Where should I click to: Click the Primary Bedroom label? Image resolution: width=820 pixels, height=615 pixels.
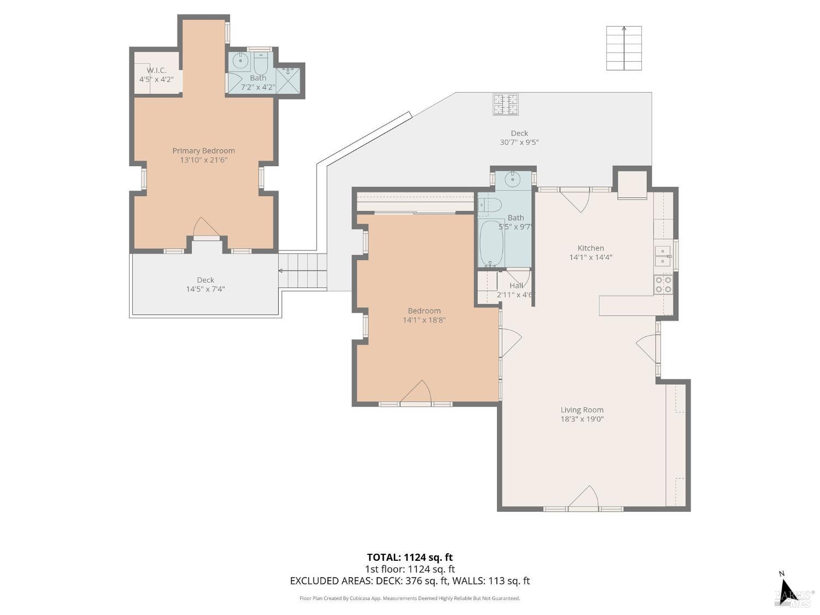coord(203,151)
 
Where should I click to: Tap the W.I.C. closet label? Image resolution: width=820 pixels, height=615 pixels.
coord(156,71)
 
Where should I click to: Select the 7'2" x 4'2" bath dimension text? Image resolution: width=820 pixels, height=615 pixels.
coord(258,87)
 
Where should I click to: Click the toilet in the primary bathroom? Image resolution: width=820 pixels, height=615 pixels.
coord(261,65)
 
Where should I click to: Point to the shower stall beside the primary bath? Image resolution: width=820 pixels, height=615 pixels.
coord(288,80)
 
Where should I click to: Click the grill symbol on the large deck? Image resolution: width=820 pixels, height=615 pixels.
coord(505,104)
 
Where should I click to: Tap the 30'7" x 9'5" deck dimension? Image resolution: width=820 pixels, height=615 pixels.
coord(519,143)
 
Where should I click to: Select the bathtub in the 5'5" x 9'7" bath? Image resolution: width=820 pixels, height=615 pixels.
coord(491,243)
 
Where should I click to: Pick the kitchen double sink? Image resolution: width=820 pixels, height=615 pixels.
coord(663,256)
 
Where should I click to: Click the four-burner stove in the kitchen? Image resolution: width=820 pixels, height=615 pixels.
coord(663,284)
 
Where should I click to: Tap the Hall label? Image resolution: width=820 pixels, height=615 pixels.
coord(516,285)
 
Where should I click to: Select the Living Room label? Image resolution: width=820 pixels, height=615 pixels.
coord(582,410)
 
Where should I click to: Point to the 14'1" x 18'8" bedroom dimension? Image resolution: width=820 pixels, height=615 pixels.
coord(424,320)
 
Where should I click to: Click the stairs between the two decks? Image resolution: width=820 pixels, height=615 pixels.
coord(303,270)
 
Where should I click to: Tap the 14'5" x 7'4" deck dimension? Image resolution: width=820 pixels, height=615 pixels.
coord(206,289)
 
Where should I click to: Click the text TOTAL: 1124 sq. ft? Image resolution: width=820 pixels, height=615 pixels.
coord(409,558)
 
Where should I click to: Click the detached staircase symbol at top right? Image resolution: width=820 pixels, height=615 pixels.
coord(624,48)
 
